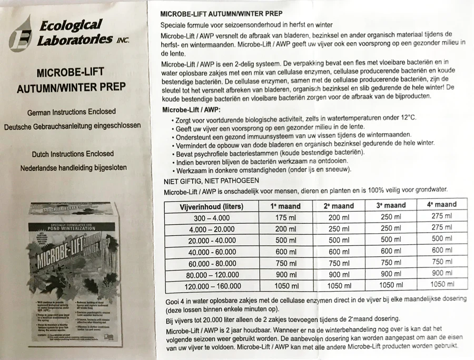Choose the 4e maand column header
[x=441, y=204]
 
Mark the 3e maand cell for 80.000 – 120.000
[x=390, y=274]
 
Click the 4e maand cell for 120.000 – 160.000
[x=441, y=284]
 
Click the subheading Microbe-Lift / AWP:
[x=192, y=109]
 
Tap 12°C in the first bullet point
[x=405, y=117]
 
